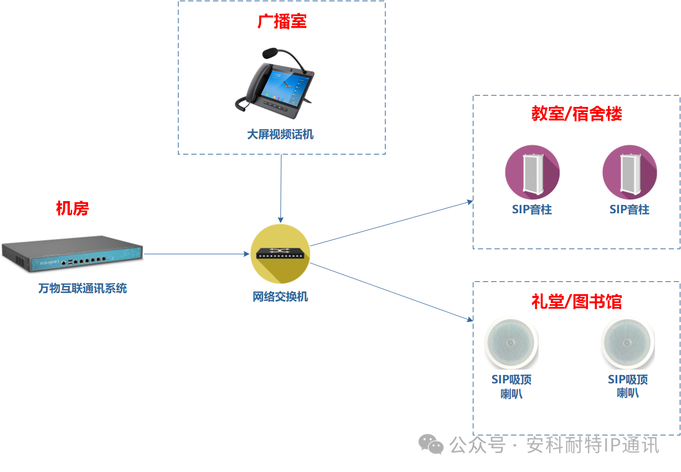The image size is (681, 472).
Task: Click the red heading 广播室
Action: pyautogui.click(x=282, y=22)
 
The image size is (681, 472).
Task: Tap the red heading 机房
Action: pyautogui.click(x=72, y=209)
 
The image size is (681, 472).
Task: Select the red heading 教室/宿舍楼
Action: pyautogui.click(x=576, y=114)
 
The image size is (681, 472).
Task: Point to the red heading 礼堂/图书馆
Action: pyautogui.click(x=576, y=301)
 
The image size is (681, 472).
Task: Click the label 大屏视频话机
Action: pyautogui.click(x=280, y=135)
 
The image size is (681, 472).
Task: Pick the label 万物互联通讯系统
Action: pyautogui.click(x=83, y=289)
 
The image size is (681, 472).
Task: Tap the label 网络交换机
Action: pyautogui.click(x=280, y=297)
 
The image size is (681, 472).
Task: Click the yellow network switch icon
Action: pyautogui.click(x=280, y=254)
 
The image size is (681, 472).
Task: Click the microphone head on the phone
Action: pyautogui.click(x=270, y=53)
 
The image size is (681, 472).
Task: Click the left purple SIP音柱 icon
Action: pyautogui.click(x=532, y=172)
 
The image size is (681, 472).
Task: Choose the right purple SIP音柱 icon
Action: pyautogui.click(x=629, y=172)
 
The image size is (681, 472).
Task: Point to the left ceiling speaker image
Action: pyautogui.click(x=511, y=343)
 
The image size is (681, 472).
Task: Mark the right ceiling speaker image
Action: pyautogui.click(x=628, y=343)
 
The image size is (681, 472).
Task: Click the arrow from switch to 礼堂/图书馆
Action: pyautogui.click(x=391, y=291)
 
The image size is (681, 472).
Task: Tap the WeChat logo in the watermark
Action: pyautogui.click(x=431, y=444)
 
